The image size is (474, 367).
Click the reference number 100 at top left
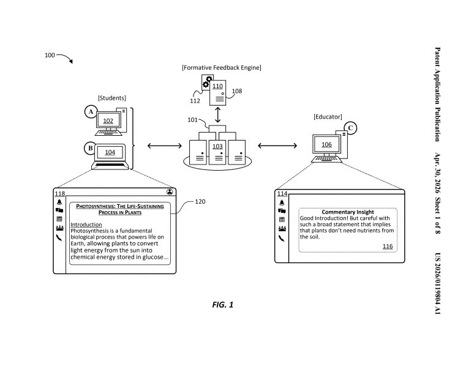50,55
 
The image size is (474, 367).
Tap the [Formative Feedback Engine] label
222,68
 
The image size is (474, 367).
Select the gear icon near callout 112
207,82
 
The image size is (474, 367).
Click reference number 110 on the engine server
217,86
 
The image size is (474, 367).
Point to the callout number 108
237,91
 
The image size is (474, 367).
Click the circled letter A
91,112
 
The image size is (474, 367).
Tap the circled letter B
90,149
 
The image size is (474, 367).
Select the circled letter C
350,128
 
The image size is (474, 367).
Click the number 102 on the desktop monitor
108,121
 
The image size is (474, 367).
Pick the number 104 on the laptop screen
110,152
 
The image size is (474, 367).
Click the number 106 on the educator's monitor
326,144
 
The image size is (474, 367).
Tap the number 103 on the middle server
217,146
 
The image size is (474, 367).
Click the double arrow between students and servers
165,146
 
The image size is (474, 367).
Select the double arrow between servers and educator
277,146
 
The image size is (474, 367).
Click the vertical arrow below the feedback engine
217,115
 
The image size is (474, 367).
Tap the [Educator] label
328,117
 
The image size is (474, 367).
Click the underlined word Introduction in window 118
86,224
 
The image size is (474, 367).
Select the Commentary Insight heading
348,212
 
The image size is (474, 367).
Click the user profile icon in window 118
170,191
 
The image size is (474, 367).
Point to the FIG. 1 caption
223,305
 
